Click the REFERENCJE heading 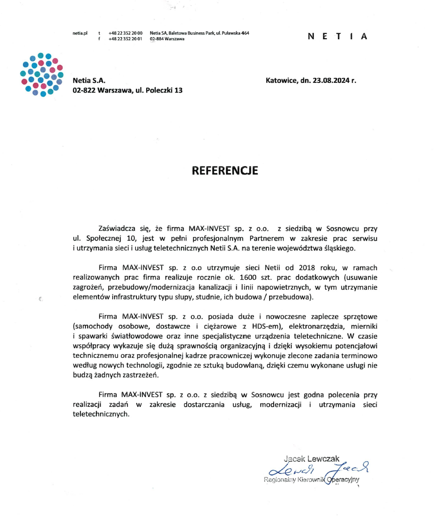(x=225, y=170)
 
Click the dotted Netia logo (x=42, y=74)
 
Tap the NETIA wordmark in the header (x=337, y=36)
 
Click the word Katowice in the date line (x=282, y=80)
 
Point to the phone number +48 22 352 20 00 (x=126, y=33)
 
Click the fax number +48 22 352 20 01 (x=126, y=38)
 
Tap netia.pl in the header (x=79, y=33)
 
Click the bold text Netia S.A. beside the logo (x=89, y=80)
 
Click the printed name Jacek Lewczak (x=311, y=459)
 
